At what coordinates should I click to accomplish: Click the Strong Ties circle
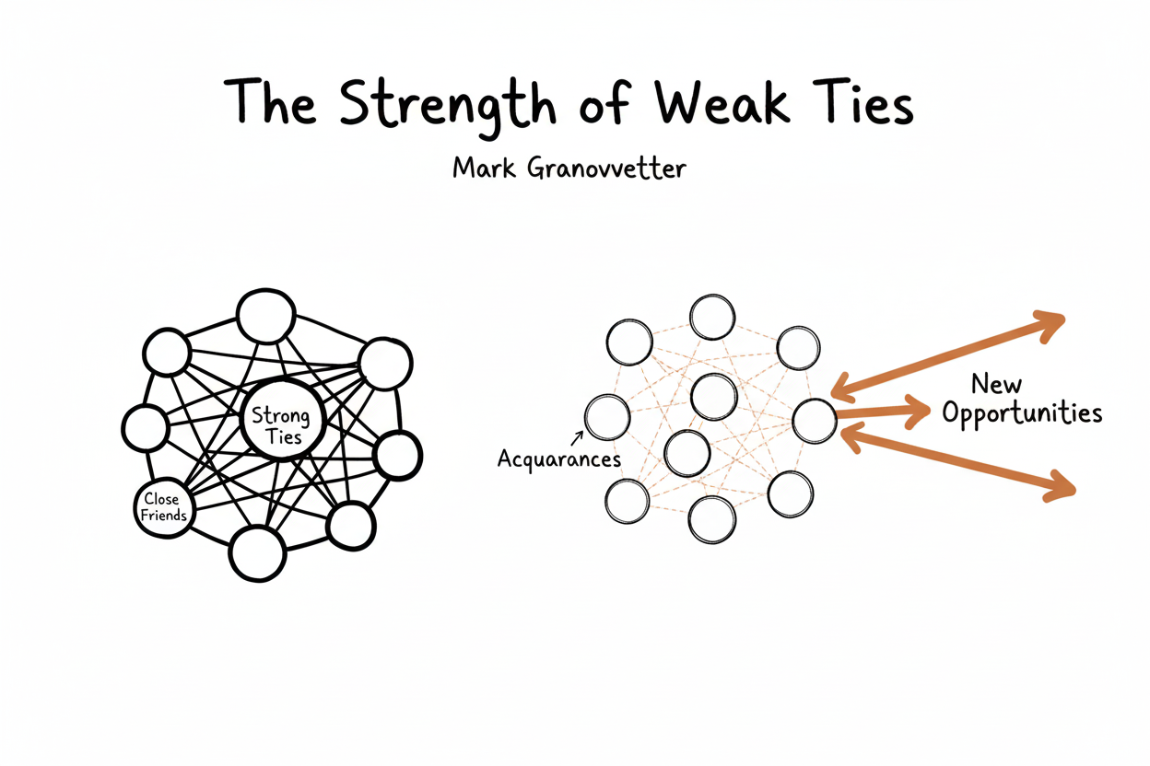[282, 424]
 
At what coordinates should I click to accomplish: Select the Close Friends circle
[164, 506]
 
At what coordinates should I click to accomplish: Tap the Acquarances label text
[559, 458]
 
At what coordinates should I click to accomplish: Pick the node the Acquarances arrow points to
[607, 417]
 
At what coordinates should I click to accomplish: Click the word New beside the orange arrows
[997, 382]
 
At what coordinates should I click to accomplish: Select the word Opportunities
[1023, 414]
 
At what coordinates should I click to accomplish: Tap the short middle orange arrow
[885, 412]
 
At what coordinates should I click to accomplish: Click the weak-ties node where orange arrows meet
[815, 422]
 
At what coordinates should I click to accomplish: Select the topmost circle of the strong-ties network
[265, 315]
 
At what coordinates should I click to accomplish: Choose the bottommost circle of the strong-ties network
[255, 554]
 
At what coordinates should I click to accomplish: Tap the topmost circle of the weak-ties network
[712, 317]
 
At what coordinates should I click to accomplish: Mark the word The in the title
[272, 104]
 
